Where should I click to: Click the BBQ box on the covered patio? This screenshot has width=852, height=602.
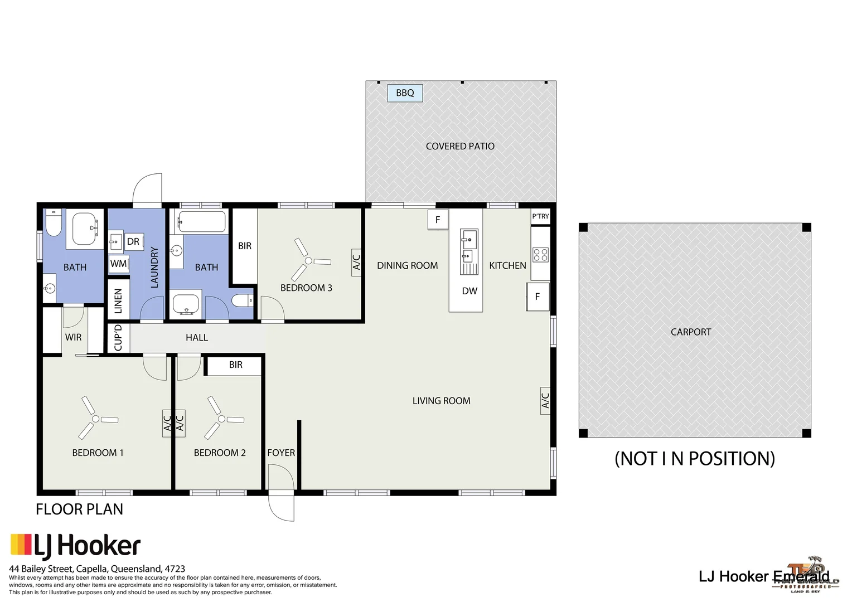(405, 93)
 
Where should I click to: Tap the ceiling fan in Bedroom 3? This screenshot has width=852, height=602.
(308, 261)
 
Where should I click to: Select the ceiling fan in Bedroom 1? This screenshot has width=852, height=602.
(96, 419)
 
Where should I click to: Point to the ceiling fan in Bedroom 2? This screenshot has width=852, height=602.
(221, 419)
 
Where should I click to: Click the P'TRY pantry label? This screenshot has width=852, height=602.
(540, 216)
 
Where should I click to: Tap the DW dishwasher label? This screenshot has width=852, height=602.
(469, 291)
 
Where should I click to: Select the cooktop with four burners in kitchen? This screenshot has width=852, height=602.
(540, 255)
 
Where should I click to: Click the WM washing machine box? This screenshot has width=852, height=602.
(119, 264)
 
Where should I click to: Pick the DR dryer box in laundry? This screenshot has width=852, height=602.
(133, 241)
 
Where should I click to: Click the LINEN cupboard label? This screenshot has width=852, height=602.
(118, 301)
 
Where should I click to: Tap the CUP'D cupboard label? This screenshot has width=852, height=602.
(118, 338)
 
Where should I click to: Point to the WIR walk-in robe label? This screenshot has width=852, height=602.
(73, 337)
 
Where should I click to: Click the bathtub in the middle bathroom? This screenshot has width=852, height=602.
(202, 221)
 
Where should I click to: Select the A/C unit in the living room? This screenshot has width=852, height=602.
(545, 400)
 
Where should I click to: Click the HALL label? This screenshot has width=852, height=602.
(197, 338)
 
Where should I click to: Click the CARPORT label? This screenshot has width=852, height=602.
(691, 332)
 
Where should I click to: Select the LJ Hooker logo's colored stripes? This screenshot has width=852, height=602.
(21, 545)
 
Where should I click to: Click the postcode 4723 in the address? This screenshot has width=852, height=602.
(175, 569)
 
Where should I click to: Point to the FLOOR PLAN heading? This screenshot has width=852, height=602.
(79, 509)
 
